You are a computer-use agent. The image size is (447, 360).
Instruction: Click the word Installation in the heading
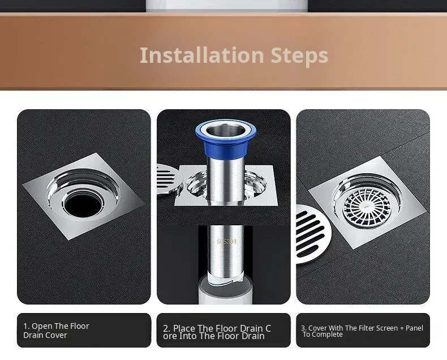point(201,55)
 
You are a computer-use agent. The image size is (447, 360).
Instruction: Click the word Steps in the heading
point(299,57)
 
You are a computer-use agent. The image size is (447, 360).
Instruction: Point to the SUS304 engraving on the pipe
point(226,242)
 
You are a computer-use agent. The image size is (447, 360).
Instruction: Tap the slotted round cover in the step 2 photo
point(169,179)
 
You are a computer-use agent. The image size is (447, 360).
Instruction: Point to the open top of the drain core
point(226,130)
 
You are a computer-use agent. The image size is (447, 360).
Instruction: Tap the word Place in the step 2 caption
point(184,328)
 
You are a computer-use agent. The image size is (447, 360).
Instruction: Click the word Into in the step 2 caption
point(188,336)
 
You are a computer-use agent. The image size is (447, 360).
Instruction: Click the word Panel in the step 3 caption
point(415,328)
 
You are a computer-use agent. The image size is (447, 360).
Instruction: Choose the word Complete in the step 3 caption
point(330,335)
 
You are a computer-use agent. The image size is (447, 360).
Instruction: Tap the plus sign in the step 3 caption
point(401,328)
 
